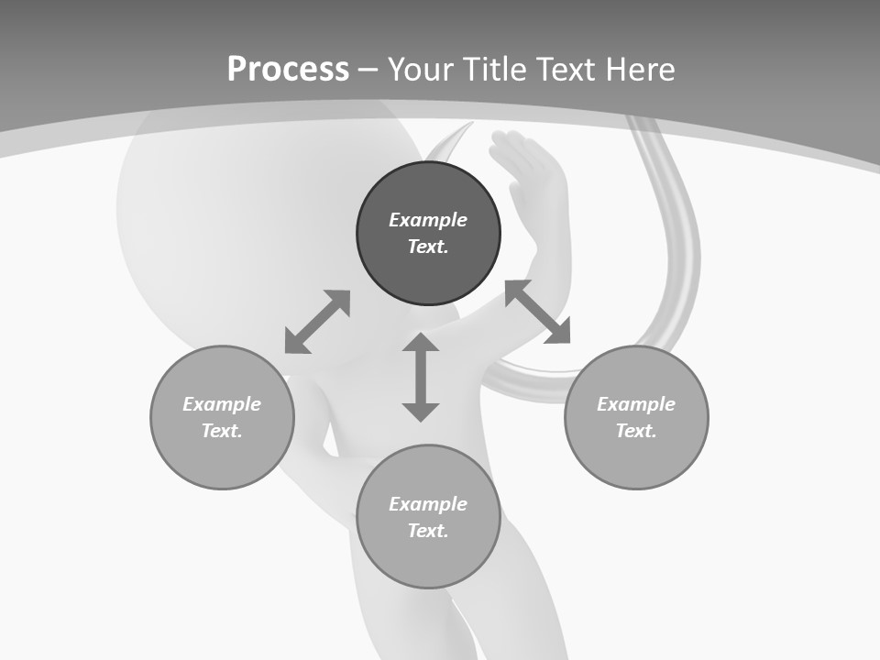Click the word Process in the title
288,70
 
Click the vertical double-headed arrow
421,377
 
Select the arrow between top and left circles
317,322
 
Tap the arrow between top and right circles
538,312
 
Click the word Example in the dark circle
428,220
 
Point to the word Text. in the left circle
222,431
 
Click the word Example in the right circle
636,404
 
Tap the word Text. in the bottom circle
428,531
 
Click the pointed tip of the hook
470,125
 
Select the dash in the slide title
368,70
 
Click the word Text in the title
567,70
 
